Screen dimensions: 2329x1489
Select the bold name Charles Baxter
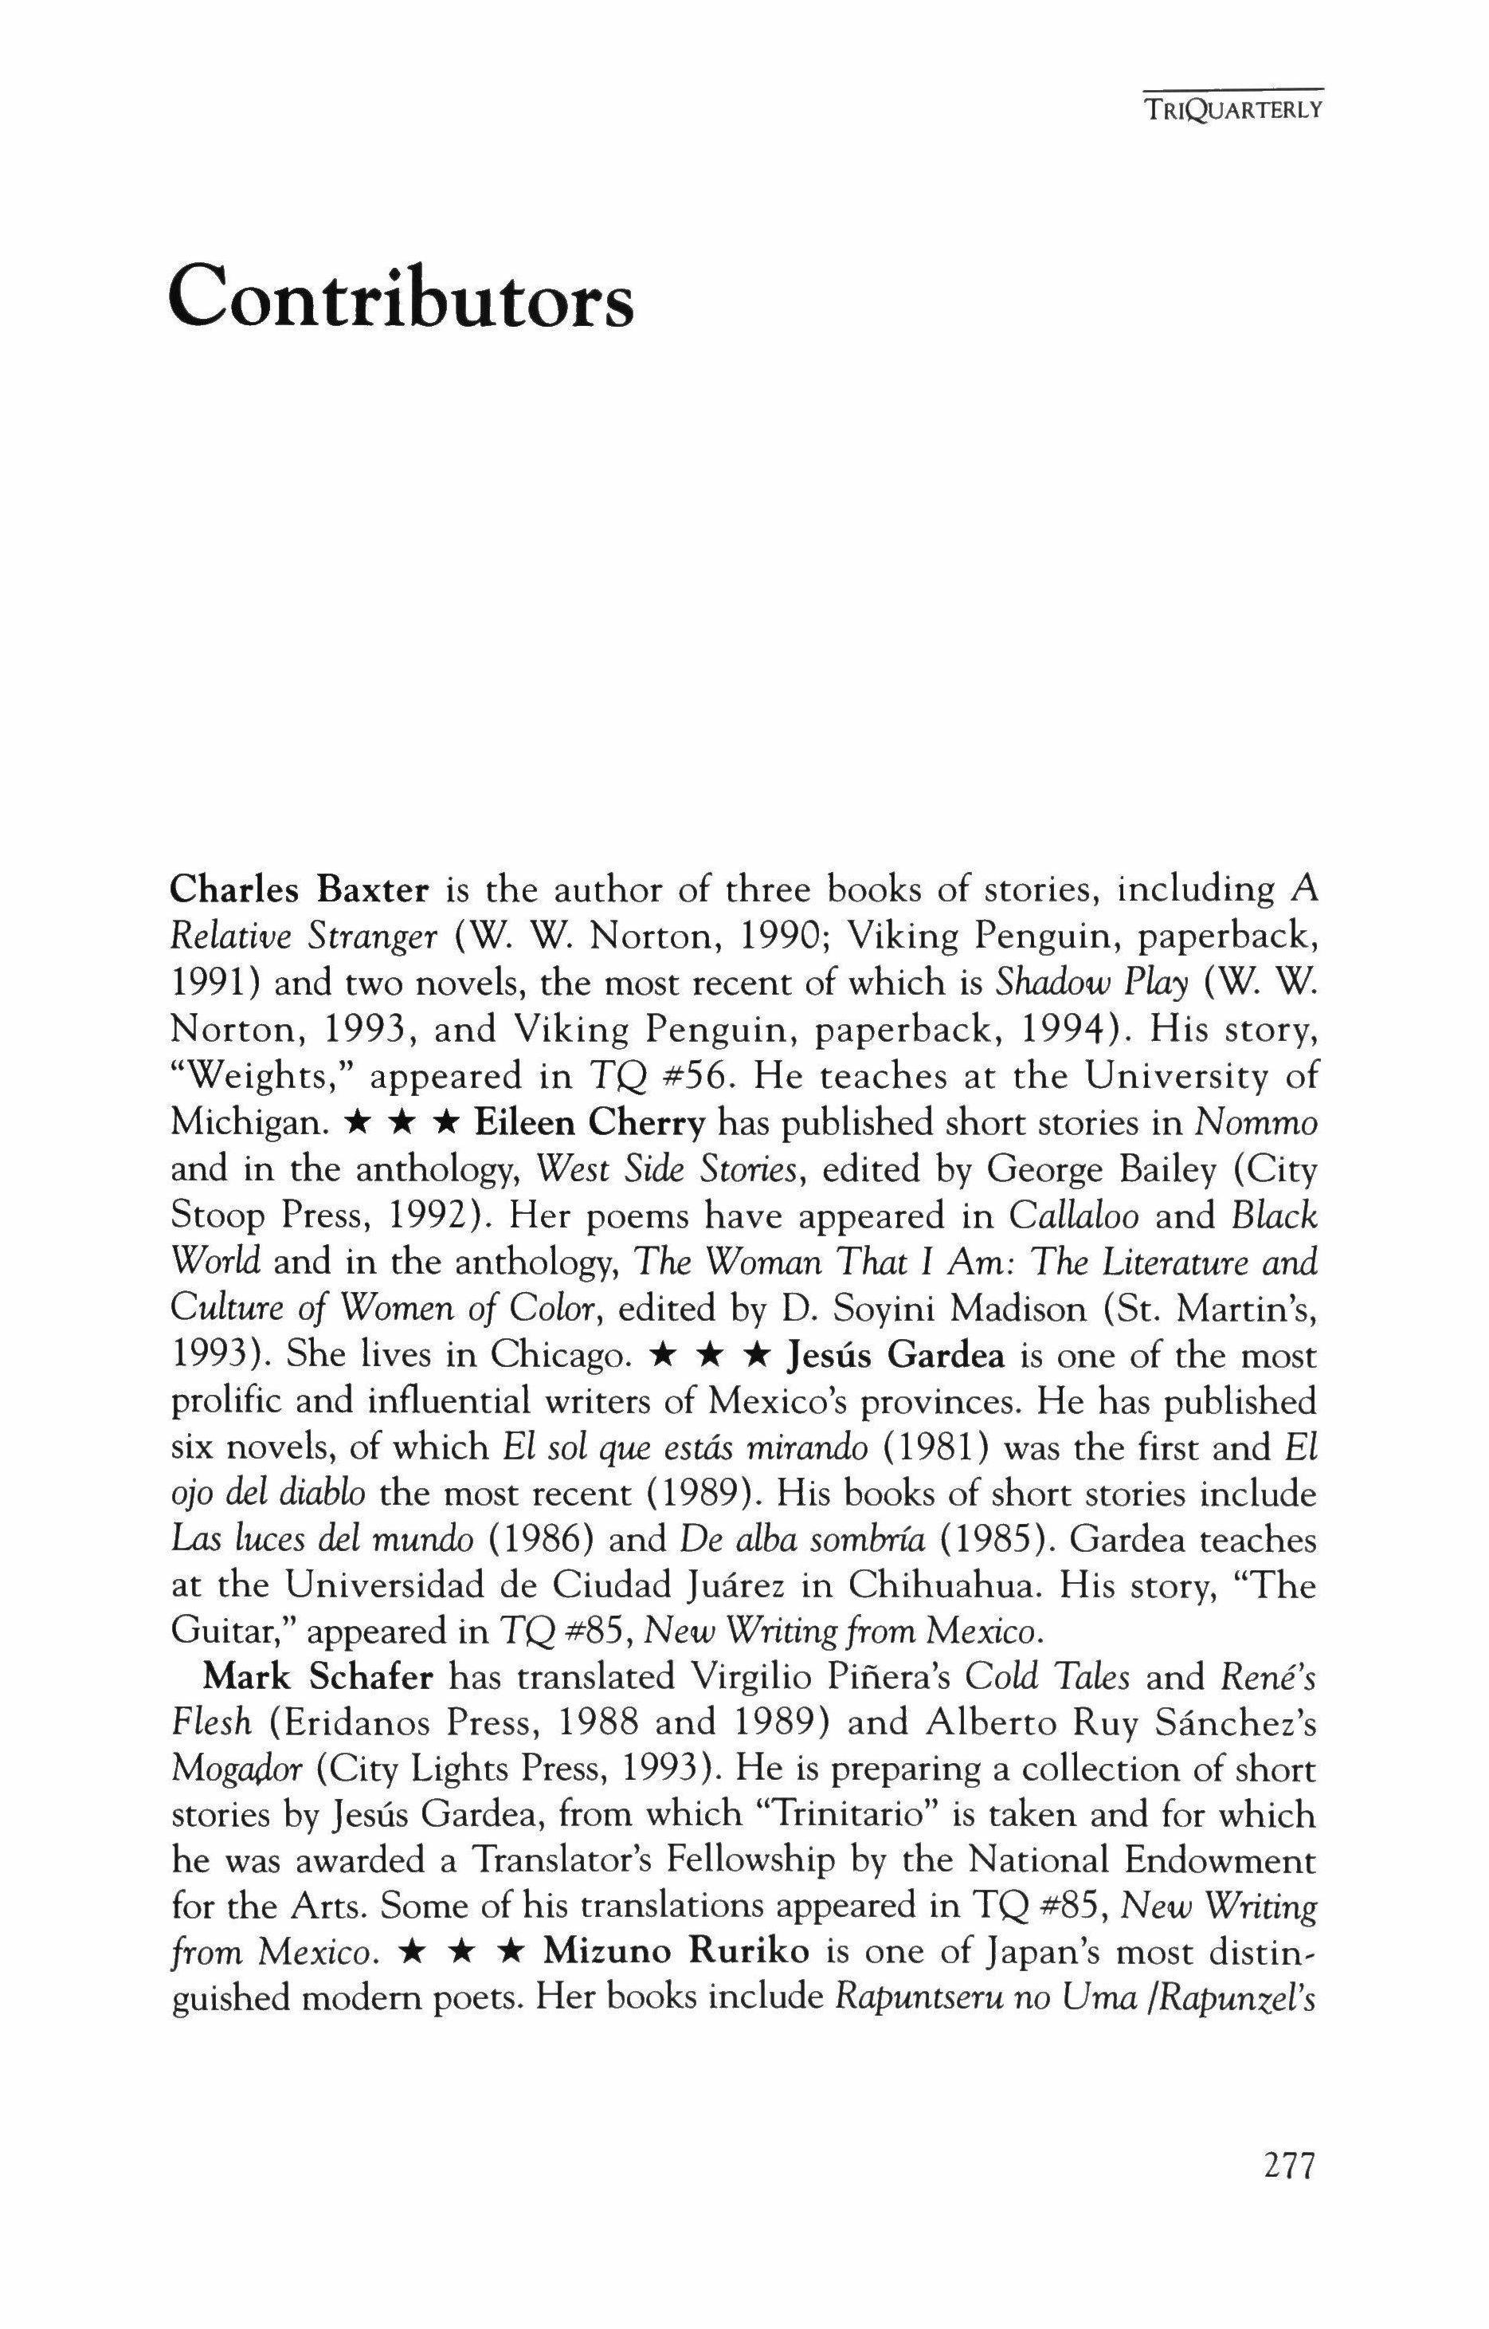299,890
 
